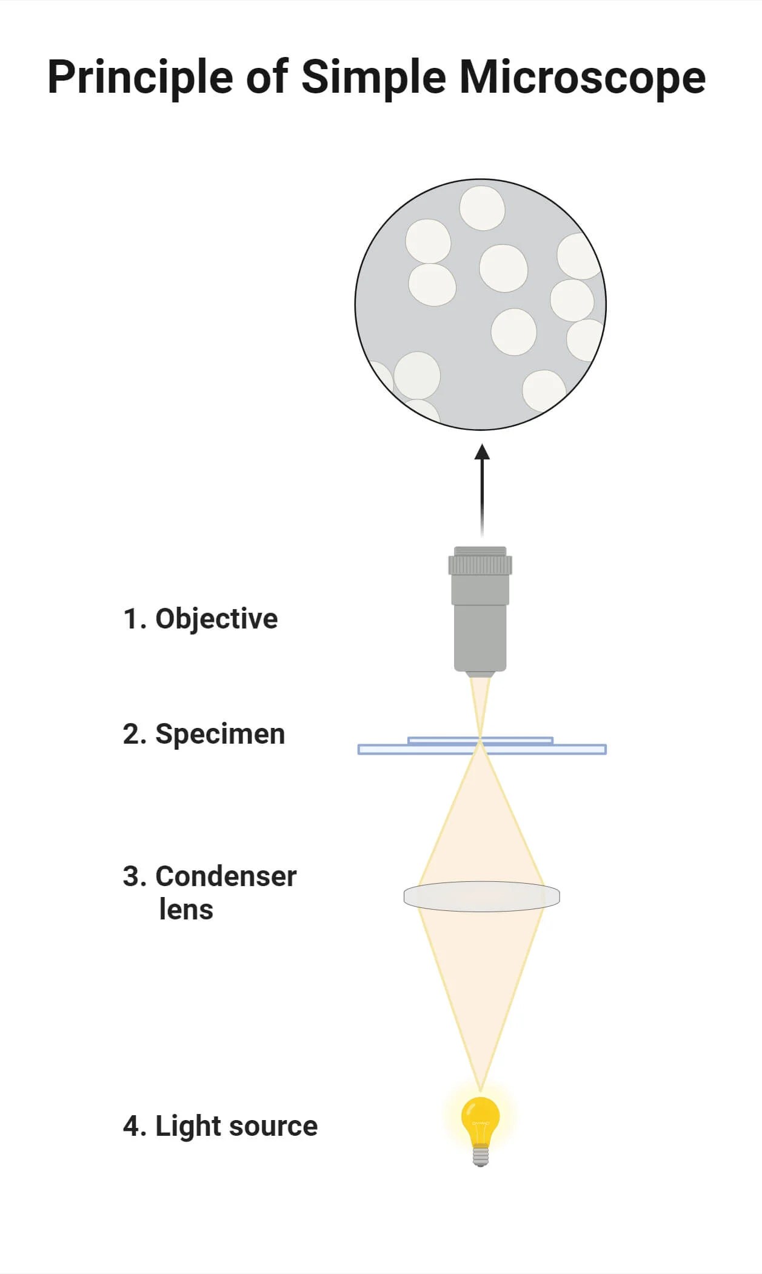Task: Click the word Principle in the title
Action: coord(140,78)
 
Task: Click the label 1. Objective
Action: coord(200,619)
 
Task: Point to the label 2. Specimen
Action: coord(204,734)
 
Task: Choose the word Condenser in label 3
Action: coord(226,876)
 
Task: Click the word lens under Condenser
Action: coord(186,910)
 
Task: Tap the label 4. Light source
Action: coord(220,1126)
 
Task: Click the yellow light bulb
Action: coord(480,1119)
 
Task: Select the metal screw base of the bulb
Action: coord(480,1155)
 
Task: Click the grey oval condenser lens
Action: coord(481,896)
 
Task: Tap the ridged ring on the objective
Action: coord(480,565)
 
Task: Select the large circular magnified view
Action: coord(480,304)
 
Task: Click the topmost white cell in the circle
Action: coord(482,208)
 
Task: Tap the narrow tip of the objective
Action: coord(480,673)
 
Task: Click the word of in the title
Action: coord(266,78)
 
